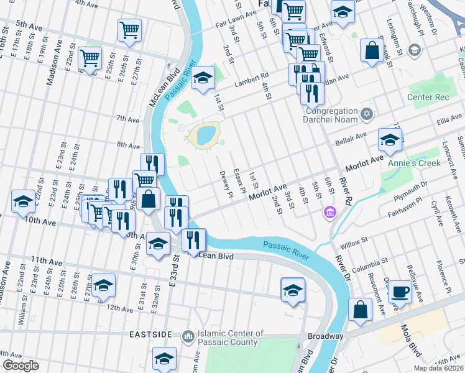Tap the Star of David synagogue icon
pos(367,113)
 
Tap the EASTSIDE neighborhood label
pos(150,334)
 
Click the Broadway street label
pos(327,336)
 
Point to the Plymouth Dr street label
pos(415,188)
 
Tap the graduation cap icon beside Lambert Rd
pos(202,79)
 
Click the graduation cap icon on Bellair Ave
pos(389,139)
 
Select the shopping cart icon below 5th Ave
pos(129,30)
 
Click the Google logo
pos(20,366)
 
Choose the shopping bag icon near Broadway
pos(360,309)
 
